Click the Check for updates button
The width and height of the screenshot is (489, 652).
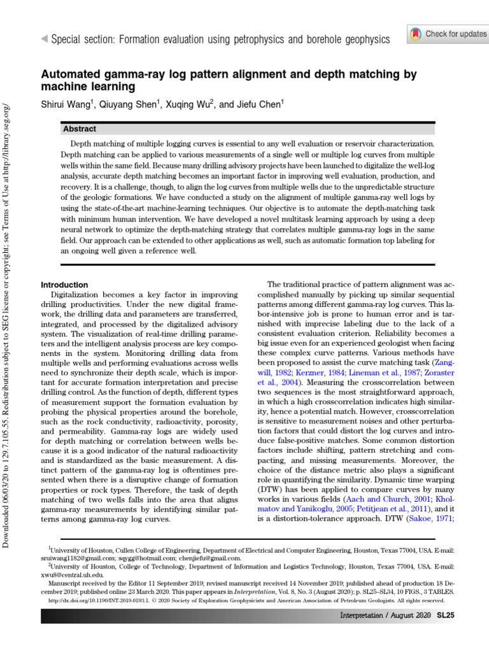(x=448, y=34)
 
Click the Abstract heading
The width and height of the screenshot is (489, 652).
(x=80, y=129)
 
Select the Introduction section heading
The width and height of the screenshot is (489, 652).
(x=64, y=285)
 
